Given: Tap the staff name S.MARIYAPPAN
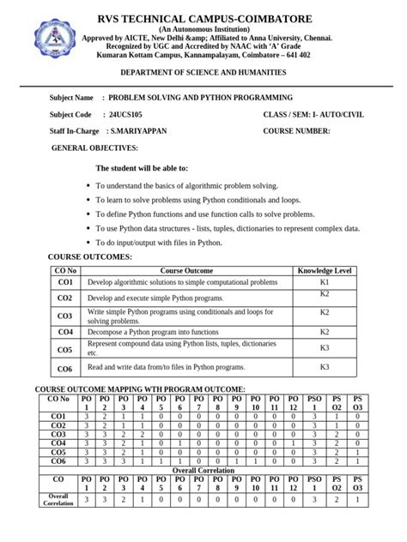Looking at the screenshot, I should (137, 130).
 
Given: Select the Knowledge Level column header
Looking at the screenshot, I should (324, 271).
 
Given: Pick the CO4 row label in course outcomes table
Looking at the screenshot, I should (65, 332).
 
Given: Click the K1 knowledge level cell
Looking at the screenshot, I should (324, 282).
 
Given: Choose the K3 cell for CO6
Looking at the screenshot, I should (324, 367).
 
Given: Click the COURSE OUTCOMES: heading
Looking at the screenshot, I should (89, 256).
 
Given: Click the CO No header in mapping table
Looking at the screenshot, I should (58, 399).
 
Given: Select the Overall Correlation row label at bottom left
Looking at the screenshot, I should (58, 500).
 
